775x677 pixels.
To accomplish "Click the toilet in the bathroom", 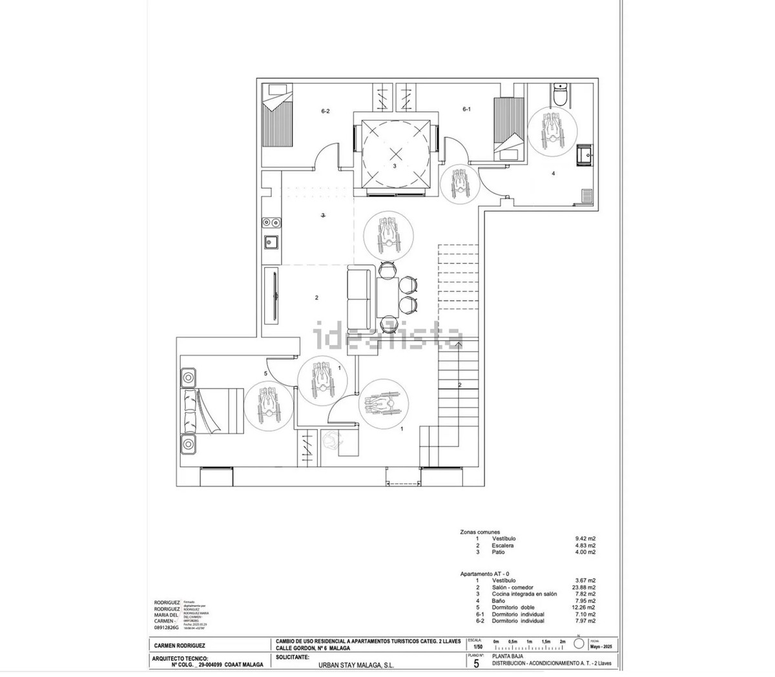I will click(560, 95).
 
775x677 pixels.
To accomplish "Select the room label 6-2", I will click(325, 111).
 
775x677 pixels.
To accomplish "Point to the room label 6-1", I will click(466, 110).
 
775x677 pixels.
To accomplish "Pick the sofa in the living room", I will click(360, 298).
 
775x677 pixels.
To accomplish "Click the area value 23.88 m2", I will click(584, 587).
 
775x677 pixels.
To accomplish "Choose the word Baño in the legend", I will click(499, 601).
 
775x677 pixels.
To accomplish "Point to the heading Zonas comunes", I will click(480, 532).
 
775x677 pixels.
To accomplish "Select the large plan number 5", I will click(477, 662).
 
